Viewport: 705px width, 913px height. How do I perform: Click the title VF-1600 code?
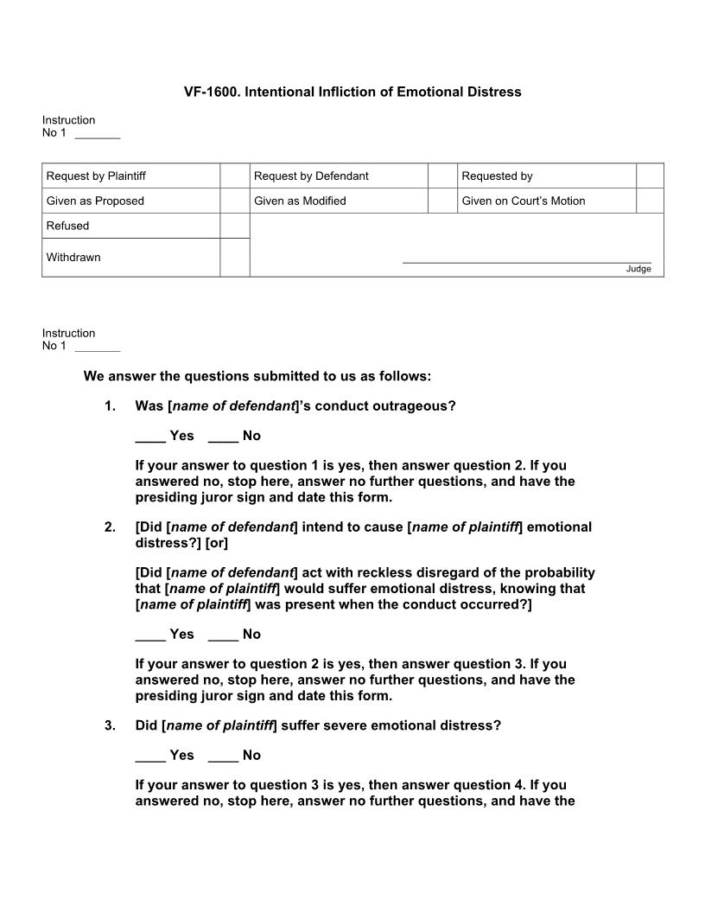[x=211, y=92]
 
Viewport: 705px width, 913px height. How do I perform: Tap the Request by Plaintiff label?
[x=96, y=176]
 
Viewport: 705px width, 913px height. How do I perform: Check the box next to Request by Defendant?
[x=441, y=176]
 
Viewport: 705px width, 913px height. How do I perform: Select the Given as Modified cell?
[x=300, y=201]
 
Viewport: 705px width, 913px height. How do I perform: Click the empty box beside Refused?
[x=234, y=226]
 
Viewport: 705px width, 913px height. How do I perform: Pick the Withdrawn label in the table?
[x=73, y=258]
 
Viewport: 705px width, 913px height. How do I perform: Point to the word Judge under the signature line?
[x=638, y=269]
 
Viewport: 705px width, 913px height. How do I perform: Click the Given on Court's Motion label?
[x=523, y=201]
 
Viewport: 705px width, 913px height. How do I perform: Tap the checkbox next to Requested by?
[x=650, y=176]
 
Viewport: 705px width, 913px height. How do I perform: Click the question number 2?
[x=110, y=527]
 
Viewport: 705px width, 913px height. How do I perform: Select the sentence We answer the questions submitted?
[x=257, y=377]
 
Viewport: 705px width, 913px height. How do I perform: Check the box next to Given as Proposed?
[x=234, y=201]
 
